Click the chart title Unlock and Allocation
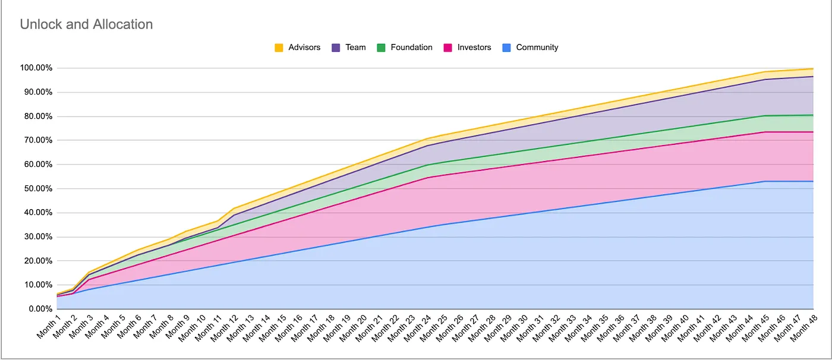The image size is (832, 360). pos(86,24)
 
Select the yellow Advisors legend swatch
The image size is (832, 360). pos(279,48)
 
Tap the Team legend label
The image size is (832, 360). pos(355,48)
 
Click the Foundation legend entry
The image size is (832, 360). pos(411,48)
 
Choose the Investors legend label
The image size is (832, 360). pos(474,48)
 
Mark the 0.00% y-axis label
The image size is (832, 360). pos(40,309)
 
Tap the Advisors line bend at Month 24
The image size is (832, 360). pos(427,138)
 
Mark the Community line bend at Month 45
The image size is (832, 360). pos(765,181)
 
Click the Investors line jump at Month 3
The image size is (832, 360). pos(89,279)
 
